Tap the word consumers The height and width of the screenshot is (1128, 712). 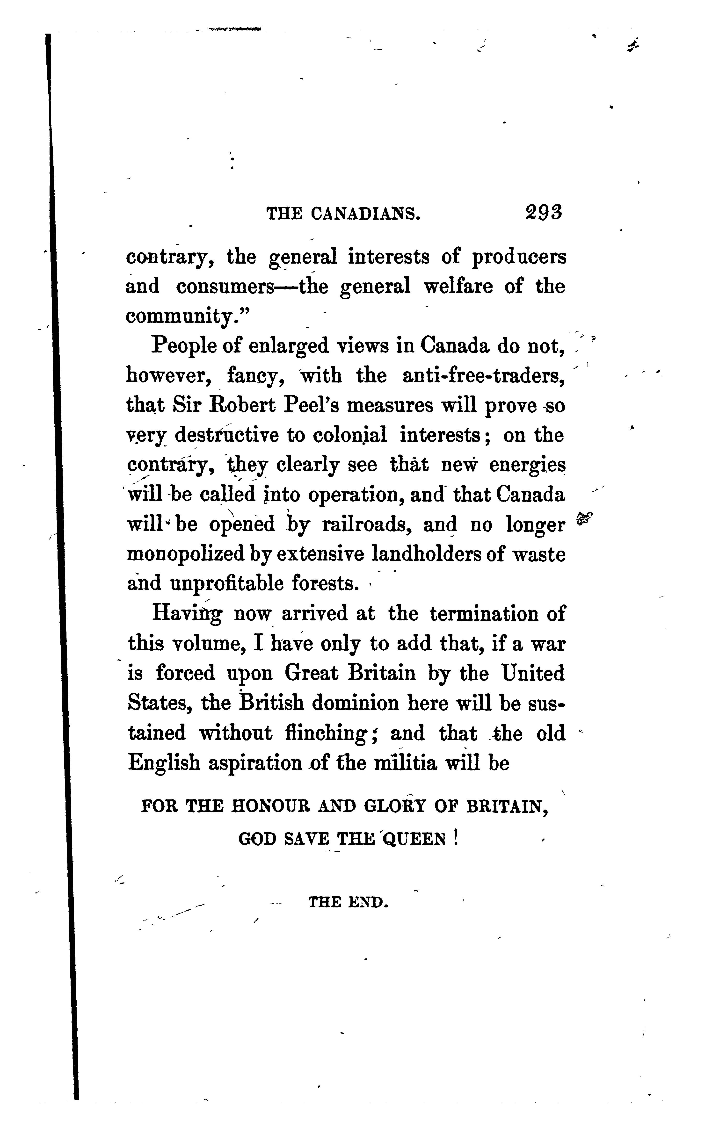(x=225, y=287)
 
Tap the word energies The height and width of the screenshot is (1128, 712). (x=527, y=465)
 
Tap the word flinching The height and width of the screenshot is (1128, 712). (x=325, y=733)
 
